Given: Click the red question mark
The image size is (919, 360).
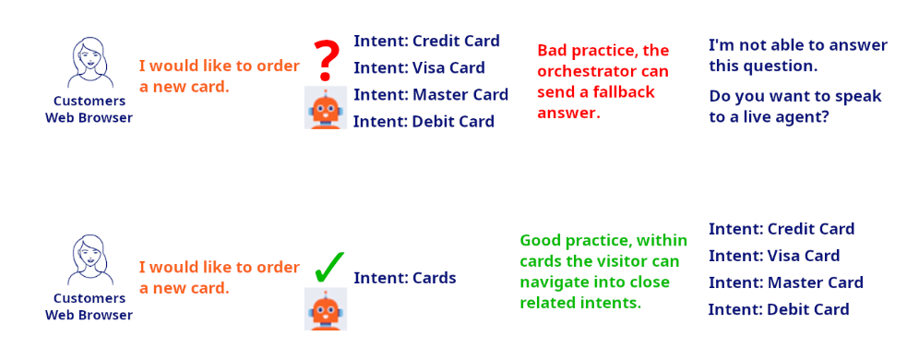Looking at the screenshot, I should click(x=324, y=60).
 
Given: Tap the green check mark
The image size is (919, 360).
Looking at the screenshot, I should click(x=328, y=267).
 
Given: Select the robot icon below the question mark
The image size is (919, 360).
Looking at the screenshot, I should click(x=326, y=108).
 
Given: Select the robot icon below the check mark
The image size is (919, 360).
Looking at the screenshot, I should click(x=326, y=308).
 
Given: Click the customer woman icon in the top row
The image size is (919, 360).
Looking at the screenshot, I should click(x=90, y=62).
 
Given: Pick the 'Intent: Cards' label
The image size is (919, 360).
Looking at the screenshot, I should click(x=405, y=278).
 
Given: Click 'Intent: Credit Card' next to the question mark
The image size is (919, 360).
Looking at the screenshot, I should click(x=426, y=41).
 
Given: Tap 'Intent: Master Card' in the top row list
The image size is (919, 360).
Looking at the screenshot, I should click(x=431, y=94).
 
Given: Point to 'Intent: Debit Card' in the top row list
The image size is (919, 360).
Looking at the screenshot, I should click(x=424, y=121).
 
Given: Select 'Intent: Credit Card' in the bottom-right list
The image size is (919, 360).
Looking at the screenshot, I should click(x=782, y=229).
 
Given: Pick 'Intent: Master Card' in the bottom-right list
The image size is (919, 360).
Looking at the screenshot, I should click(x=785, y=282).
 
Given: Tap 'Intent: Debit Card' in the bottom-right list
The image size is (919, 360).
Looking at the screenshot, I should click(x=779, y=309).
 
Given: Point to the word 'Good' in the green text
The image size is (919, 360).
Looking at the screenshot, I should click(x=541, y=240).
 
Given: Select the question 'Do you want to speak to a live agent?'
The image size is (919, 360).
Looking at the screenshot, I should click(x=795, y=106).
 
